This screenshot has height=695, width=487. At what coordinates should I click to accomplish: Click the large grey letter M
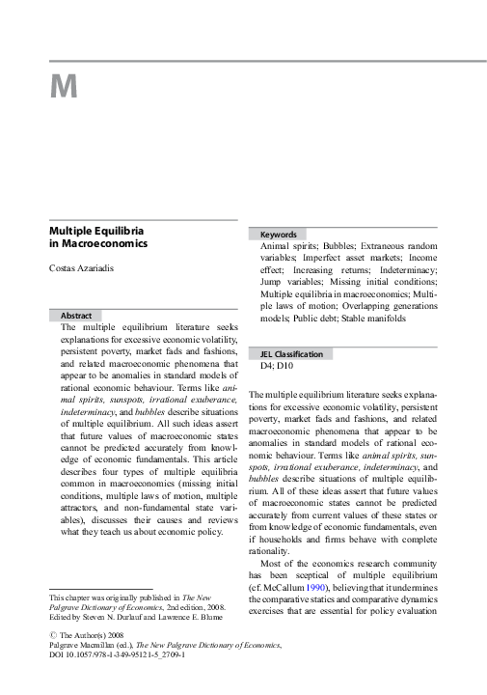63,88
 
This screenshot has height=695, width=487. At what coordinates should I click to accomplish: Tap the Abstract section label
76,316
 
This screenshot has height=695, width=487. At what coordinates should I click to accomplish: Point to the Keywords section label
278,235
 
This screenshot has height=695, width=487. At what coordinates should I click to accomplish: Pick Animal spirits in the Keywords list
287,247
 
